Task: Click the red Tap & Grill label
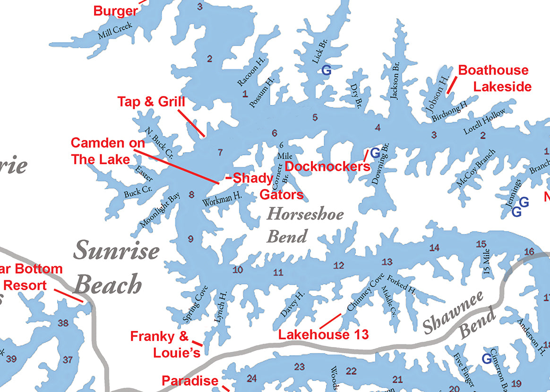click(x=151, y=102)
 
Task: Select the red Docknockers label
click(x=327, y=166)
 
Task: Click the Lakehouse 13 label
click(x=323, y=335)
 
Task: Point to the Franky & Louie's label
click(x=165, y=344)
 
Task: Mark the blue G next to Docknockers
click(x=375, y=153)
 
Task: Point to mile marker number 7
click(x=220, y=152)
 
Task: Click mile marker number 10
click(x=238, y=270)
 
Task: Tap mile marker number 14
click(x=434, y=248)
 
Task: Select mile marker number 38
click(x=63, y=323)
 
